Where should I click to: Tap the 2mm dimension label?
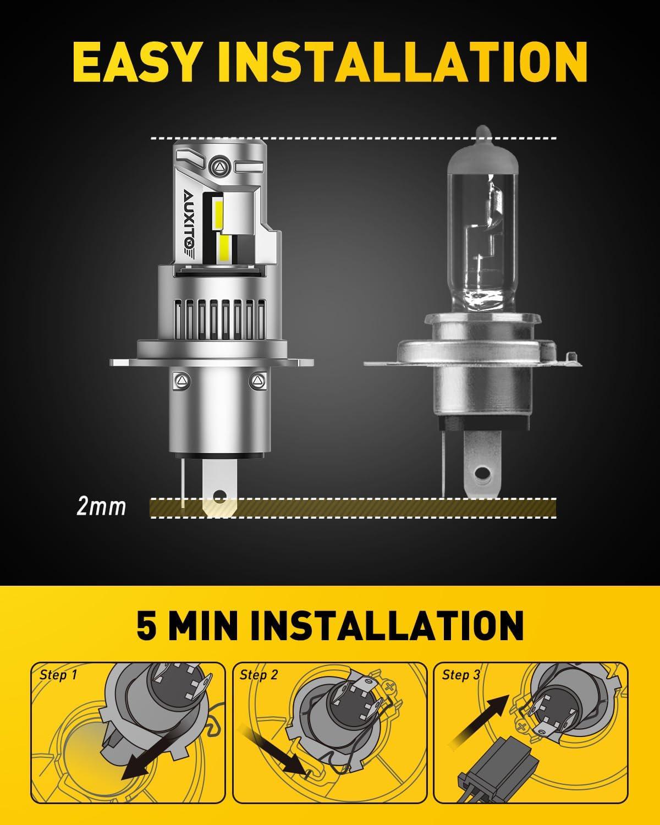click(101, 506)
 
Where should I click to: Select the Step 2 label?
click(258, 675)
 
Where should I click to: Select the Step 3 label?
click(461, 675)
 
